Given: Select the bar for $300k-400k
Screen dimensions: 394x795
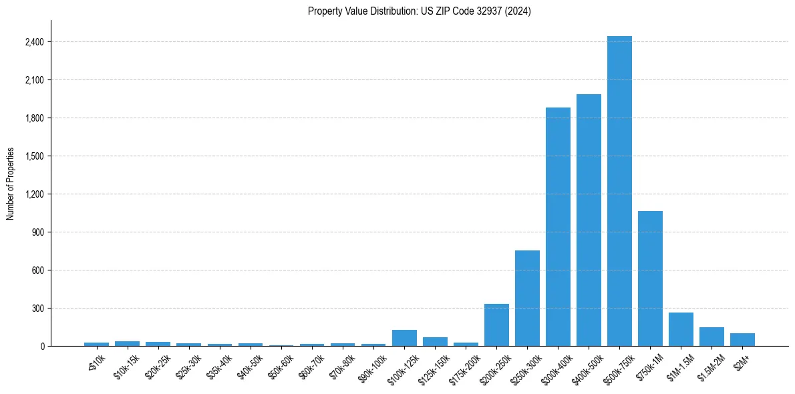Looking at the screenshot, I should (558, 227).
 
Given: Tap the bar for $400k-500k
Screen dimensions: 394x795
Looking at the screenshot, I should (589, 220).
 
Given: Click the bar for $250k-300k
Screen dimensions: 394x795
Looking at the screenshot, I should (527, 298).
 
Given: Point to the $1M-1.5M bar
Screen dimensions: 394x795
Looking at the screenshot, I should (681, 329).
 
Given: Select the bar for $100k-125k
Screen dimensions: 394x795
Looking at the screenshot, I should (404, 338).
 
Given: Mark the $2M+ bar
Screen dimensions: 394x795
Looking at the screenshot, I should (742, 339).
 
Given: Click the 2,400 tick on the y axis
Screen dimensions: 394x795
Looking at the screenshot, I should (34, 42).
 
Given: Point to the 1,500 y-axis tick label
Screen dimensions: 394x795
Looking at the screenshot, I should (34, 156).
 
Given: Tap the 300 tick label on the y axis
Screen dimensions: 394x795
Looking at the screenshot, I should (38, 309).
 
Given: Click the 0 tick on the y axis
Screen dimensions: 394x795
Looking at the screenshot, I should (41, 347).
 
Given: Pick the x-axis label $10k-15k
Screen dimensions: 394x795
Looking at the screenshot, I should (126, 365).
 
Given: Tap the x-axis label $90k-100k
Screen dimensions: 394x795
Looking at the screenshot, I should (371, 367).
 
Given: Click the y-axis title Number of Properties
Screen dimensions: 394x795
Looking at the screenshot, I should (11, 184).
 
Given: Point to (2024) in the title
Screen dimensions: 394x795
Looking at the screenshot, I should (518, 11).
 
